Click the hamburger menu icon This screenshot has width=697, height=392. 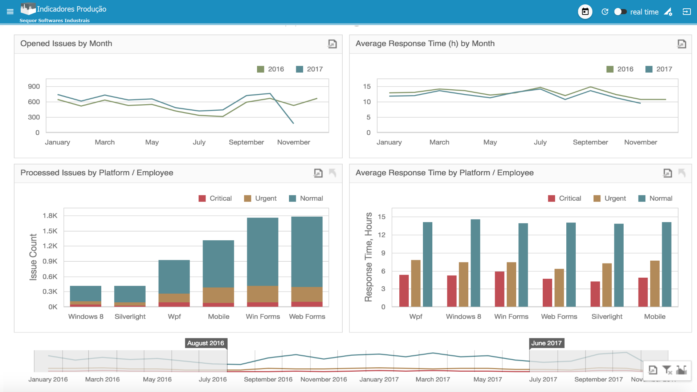(10, 12)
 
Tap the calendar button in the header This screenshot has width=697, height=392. (585, 12)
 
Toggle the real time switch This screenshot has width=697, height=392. (620, 12)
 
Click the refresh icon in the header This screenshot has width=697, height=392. (605, 12)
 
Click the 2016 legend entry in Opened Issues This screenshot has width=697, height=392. (270, 69)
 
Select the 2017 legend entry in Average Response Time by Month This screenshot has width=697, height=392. (659, 69)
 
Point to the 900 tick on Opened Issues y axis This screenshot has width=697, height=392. (34, 86)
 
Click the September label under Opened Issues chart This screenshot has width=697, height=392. (246, 142)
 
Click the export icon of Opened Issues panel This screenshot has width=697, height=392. (332, 44)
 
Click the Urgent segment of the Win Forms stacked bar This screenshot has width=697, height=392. (262, 294)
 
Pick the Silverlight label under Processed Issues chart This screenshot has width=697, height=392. (130, 317)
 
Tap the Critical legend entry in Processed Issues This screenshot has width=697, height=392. (215, 198)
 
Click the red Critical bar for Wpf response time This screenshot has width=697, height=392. (404, 290)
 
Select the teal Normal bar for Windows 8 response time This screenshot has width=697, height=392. (475, 263)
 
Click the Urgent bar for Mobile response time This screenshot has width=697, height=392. (655, 283)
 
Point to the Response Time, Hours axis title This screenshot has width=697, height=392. (368, 257)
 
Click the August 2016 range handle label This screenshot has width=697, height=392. (205, 343)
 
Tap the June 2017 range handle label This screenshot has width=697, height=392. (546, 343)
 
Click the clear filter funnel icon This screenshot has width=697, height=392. (667, 370)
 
